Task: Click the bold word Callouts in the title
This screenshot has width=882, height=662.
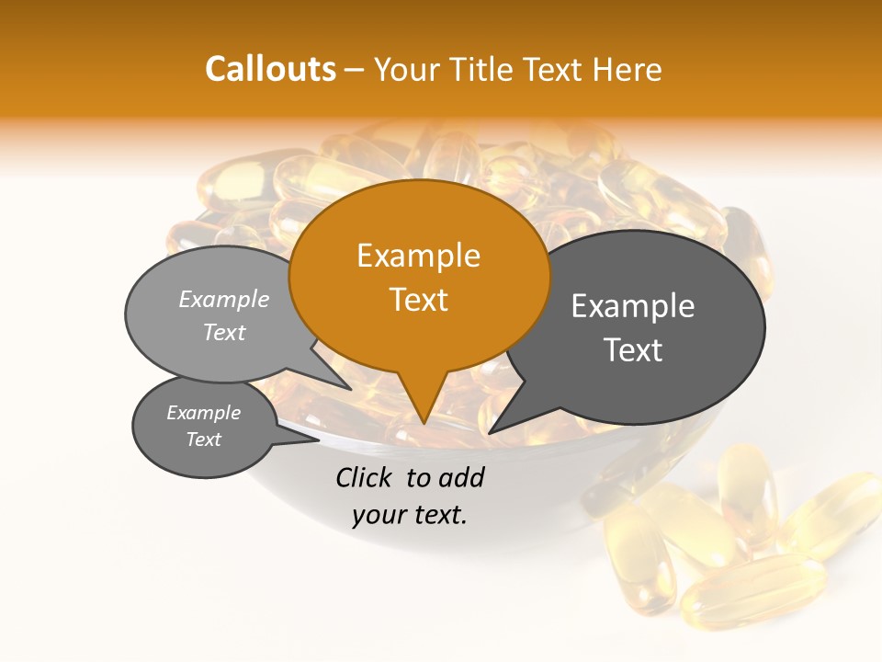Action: click(x=270, y=69)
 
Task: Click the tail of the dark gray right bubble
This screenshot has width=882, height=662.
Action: click(x=501, y=425)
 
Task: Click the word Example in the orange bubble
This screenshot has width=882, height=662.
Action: click(x=418, y=256)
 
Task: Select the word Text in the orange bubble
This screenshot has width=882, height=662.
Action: click(x=418, y=300)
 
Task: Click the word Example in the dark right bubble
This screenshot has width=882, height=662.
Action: click(x=633, y=306)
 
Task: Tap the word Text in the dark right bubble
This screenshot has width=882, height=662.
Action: click(x=633, y=350)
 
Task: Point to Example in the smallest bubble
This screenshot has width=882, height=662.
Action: click(x=203, y=413)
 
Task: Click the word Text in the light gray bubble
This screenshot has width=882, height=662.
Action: click(x=223, y=332)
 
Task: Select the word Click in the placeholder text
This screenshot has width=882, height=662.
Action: click(x=365, y=477)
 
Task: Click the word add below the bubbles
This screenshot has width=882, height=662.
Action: click(x=461, y=477)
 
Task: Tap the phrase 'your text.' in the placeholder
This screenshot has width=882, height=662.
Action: click(x=409, y=515)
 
